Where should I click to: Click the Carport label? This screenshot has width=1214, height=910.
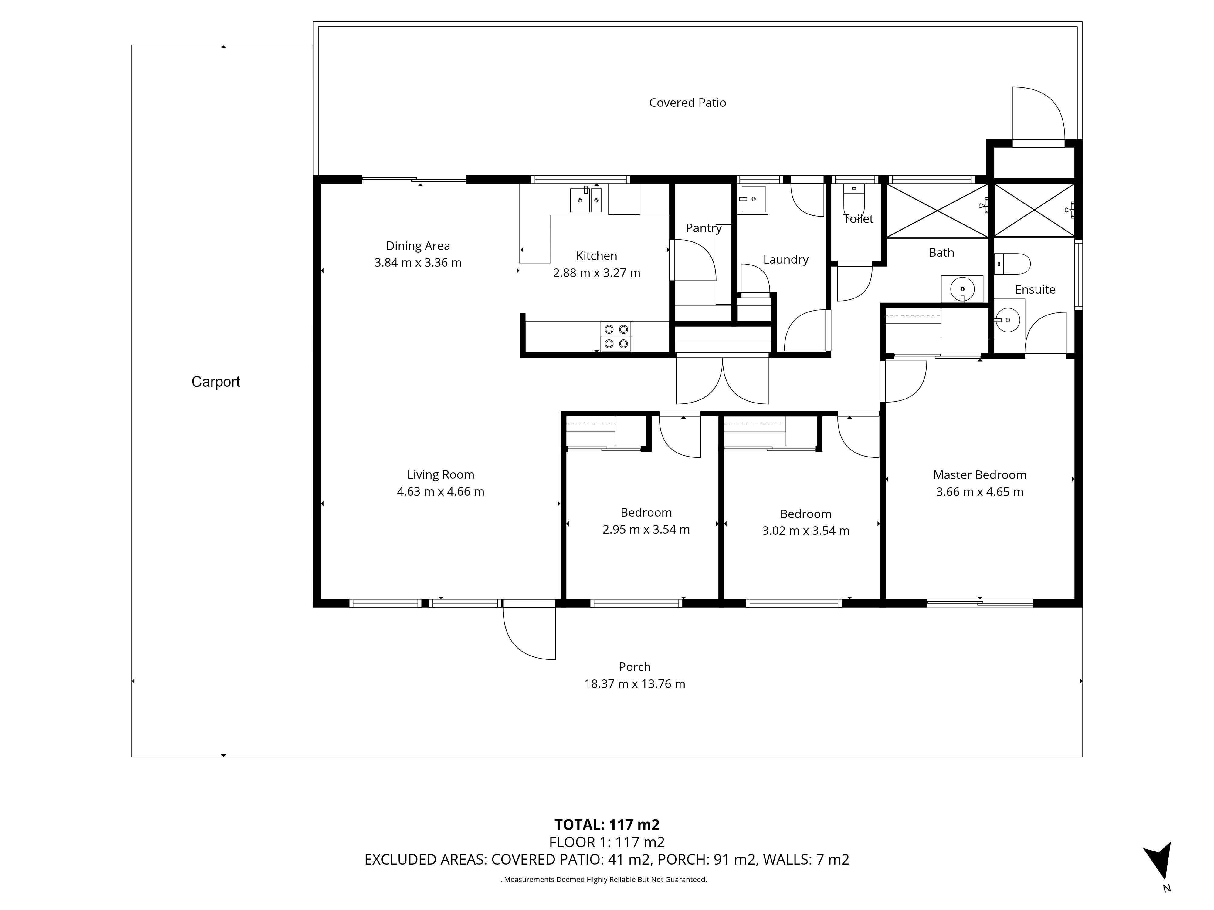pyautogui.click(x=216, y=382)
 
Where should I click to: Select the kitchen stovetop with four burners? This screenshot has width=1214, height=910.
pyautogui.click(x=616, y=336)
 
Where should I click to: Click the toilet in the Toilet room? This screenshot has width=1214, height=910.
pyautogui.click(x=854, y=203)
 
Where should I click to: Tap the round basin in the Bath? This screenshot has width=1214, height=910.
pyautogui.click(x=962, y=289)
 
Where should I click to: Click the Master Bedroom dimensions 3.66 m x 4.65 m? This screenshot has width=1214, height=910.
pyautogui.click(x=980, y=492)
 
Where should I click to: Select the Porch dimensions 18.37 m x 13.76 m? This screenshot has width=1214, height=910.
pyautogui.click(x=635, y=684)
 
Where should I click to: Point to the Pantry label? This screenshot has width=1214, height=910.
pyautogui.click(x=704, y=228)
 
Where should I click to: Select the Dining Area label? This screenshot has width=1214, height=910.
pyautogui.click(x=418, y=246)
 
